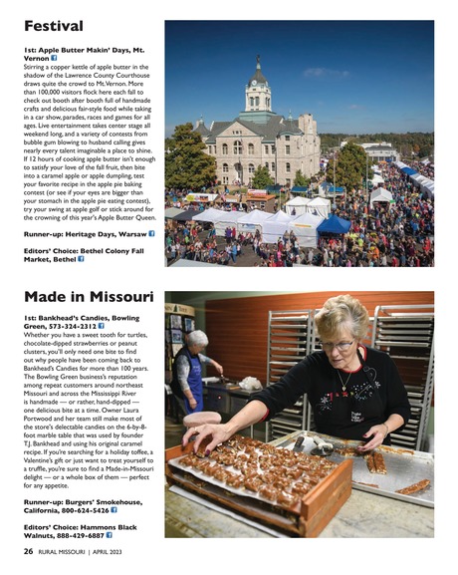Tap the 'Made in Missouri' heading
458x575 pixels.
click(89, 297)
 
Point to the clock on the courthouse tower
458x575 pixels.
click(258, 101)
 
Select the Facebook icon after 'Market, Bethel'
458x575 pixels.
click(82, 259)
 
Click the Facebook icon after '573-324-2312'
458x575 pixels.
click(102, 326)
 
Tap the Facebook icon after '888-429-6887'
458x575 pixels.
click(110, 535)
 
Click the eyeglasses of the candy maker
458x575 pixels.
click(337, 344)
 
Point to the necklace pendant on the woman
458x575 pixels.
click(344, 387)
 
